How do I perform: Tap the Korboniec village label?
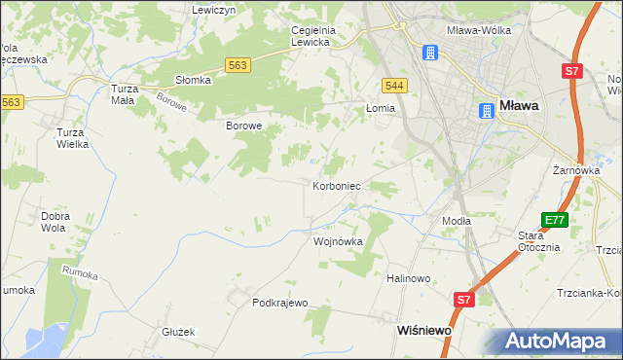coord(338,185)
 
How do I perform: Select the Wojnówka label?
coord(338,241)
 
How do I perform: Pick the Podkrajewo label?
coord(280,303)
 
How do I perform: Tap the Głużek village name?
coord(179,332)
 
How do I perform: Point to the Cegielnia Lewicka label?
coord(312,36)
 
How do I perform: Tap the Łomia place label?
coord(381,108)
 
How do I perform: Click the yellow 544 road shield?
coord(394,86)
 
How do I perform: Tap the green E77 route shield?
coord(555,221)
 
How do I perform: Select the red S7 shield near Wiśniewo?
coord(464,301)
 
